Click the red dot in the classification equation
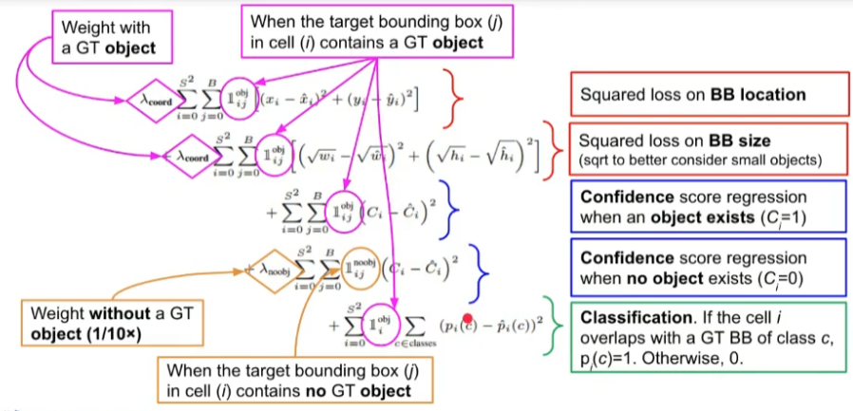467,321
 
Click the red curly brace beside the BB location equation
458,95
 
